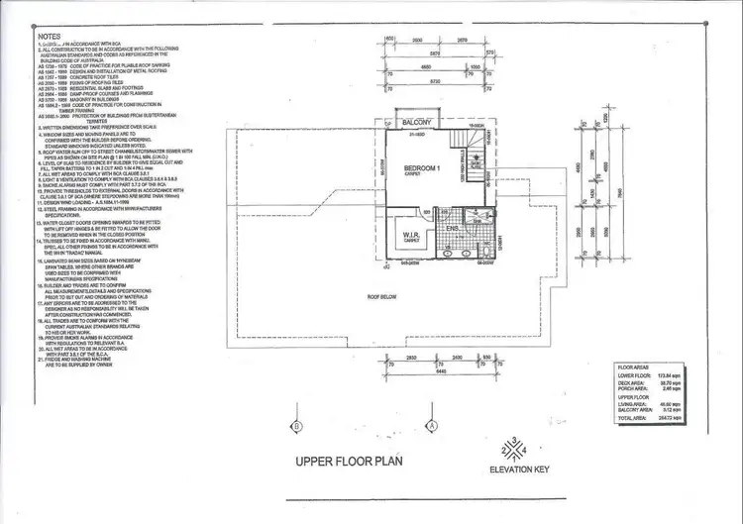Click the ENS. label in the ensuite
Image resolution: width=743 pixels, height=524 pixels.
451,232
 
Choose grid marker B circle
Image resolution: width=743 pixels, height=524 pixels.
296,426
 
